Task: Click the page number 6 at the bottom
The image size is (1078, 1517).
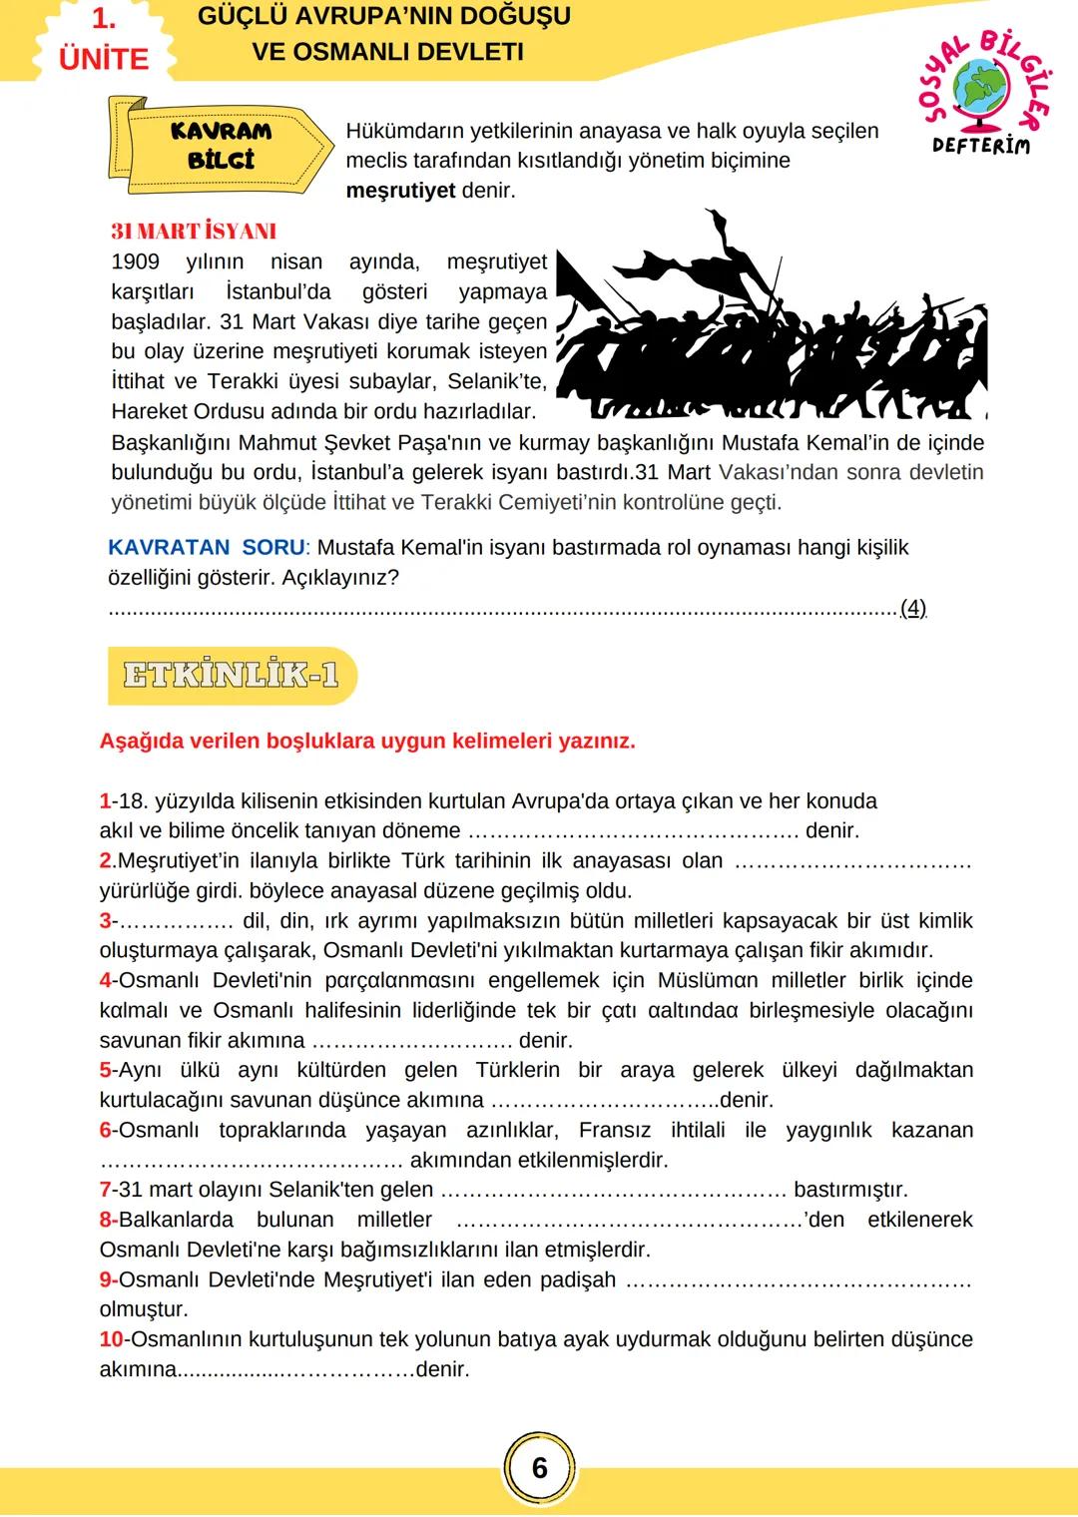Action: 539,1467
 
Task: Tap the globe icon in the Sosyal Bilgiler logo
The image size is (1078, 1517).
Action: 981,88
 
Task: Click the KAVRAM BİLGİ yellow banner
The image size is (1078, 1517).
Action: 220,146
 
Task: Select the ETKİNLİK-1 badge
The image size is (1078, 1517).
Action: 231,676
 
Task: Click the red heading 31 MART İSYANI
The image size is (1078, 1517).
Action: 194,231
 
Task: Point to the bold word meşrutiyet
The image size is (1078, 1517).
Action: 400,191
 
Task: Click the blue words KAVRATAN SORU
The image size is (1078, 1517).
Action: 207,547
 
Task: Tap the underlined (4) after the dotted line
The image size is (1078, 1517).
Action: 912,608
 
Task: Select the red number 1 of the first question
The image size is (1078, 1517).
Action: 105,800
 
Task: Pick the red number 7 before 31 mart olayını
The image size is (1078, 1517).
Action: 105,1190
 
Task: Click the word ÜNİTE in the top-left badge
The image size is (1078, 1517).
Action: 104,58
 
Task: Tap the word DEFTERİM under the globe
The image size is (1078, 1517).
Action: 980,146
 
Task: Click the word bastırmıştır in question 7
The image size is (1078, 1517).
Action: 849,1190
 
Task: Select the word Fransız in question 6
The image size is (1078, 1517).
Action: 614,1130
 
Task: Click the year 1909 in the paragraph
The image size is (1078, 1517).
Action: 136,261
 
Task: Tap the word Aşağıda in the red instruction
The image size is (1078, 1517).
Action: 142,741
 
